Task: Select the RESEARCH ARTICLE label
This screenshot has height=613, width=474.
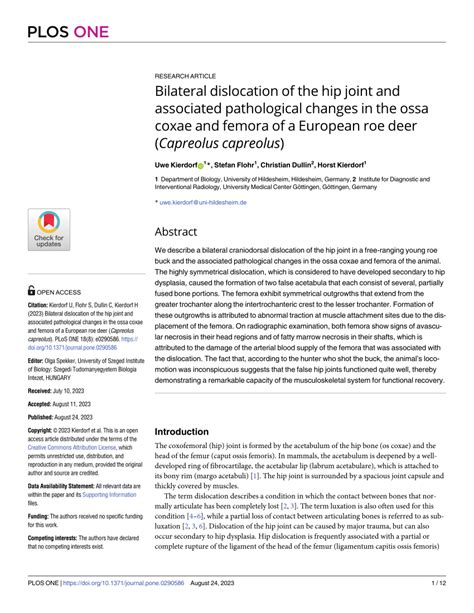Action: click(x=187, y=75)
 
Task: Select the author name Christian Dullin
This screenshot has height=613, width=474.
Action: click(x=288, y=163)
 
